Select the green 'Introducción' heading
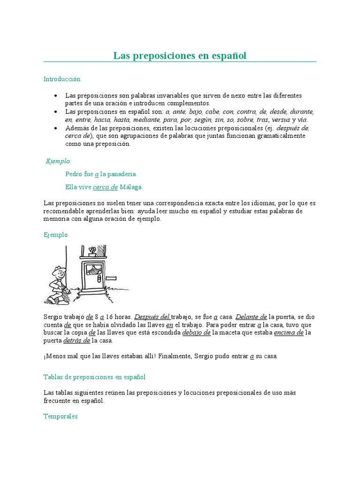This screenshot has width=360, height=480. click(62, 79)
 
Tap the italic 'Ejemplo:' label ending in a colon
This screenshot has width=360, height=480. click(59, 161)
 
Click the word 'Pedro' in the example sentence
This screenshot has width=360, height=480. click(74, 174)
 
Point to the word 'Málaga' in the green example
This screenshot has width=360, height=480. click(131, 187)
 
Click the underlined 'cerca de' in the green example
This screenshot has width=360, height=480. click(105, 187)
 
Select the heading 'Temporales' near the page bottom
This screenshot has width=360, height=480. click(60, 416)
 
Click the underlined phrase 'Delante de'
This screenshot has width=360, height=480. click(251, 317)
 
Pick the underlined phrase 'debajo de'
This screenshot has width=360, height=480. click(196, 332)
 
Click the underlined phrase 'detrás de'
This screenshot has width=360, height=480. click(76, 340)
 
